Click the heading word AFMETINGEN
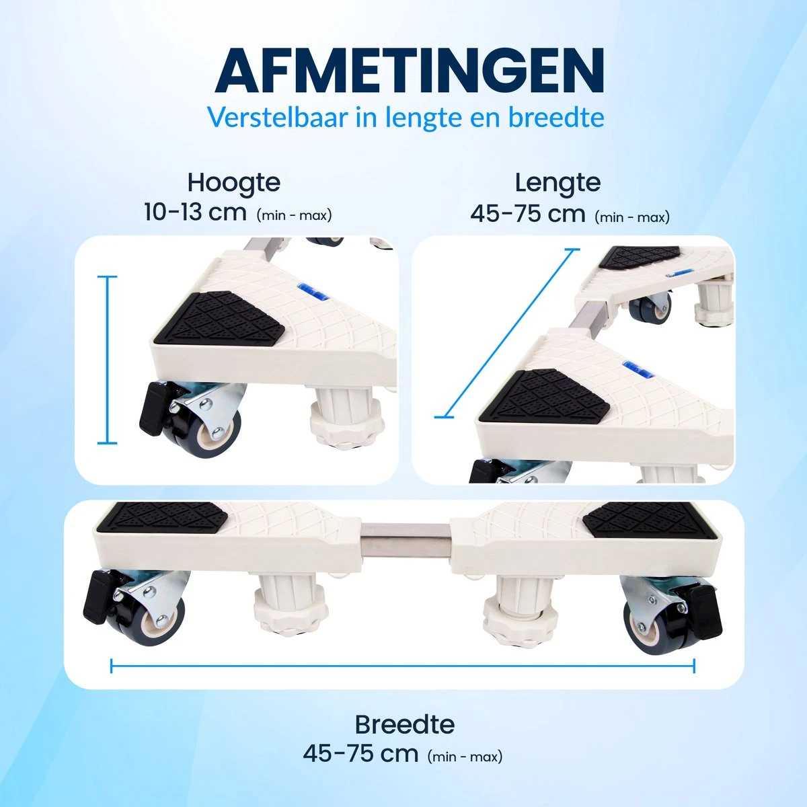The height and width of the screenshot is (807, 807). (x=409, y=71)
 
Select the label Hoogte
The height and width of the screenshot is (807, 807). (x=233, y=183)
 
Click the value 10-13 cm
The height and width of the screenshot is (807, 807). (x=195, y=212)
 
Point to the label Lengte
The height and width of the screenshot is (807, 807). (x=558, y=183)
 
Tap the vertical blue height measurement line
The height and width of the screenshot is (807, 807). (x=107, y=360)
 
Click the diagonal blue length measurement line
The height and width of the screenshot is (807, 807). (x=507, y=334)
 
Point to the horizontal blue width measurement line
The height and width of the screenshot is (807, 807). (x=402, y=666)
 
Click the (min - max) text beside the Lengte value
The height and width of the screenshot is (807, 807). (x=632, y=217)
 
